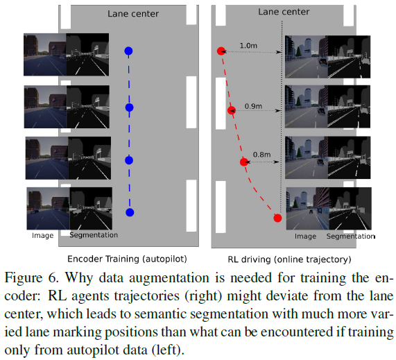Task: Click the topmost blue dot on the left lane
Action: [128, 51]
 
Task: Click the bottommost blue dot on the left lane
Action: [129, 212]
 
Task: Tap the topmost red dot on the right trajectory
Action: [221, 51]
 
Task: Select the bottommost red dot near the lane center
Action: [277, 218]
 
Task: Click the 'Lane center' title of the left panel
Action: [132, 13]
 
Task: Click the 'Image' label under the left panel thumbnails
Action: [42, 236]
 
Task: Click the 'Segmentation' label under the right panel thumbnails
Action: [351, 237]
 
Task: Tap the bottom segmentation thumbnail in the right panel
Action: [350, 209]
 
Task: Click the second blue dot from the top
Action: [128, 108]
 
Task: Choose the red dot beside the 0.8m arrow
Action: [243, 162]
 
